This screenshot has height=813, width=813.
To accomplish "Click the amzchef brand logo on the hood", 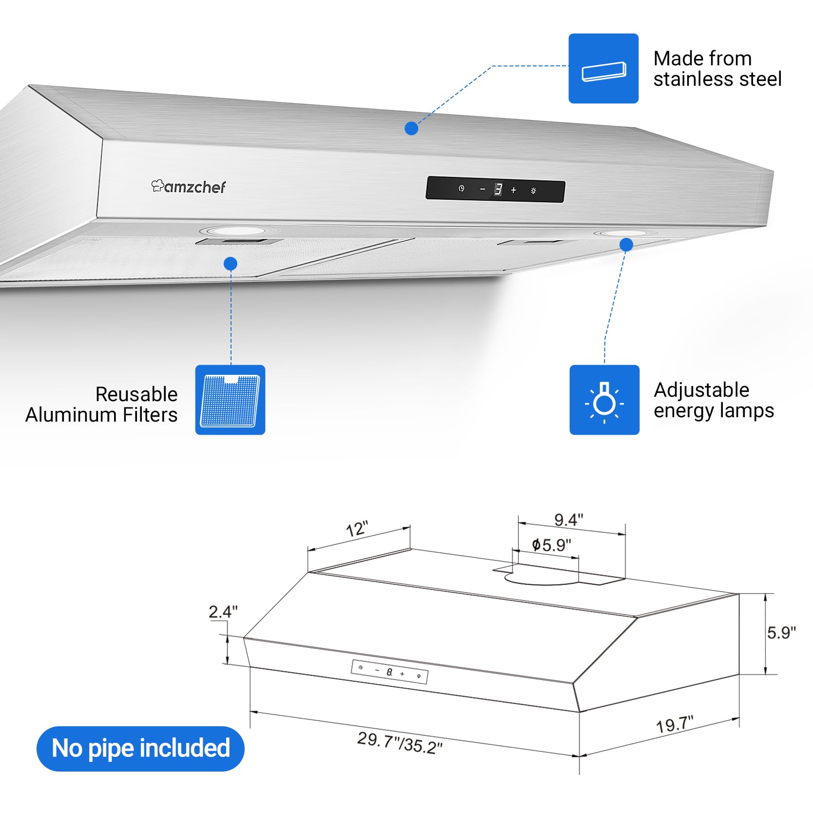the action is [x=188, y=186].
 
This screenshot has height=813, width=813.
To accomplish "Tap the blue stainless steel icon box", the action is [x=603, y=68].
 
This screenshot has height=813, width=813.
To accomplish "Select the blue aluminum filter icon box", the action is [x=230, y=400].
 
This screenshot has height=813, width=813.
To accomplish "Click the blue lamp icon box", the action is [x=604, y=400].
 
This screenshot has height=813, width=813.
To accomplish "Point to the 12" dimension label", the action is [x=357, y=529].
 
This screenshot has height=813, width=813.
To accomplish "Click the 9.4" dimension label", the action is [x=569, y=520].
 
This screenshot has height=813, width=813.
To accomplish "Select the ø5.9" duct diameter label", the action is [x=551, y=544].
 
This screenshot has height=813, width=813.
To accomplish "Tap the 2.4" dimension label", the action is [x=223, y=612].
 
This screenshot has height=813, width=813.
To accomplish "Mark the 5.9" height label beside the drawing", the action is [x=781, y=633].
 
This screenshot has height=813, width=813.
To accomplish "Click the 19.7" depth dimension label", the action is [x=675, y=724].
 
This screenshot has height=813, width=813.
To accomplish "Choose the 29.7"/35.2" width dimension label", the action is [x=400, y=742].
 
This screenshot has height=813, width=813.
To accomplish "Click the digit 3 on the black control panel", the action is [x=498, y=190].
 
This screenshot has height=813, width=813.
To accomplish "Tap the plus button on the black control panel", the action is [x=513, y=191].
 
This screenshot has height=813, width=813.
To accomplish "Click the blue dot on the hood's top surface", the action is [x=411, y=129].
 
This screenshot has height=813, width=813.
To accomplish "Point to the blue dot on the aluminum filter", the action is [x=231, y=264].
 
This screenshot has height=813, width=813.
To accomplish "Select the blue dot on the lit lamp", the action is [x=626, y=245].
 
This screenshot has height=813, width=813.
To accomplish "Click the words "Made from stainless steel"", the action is [x=717, y=69].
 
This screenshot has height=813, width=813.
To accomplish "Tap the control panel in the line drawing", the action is [x=389, y=672].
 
